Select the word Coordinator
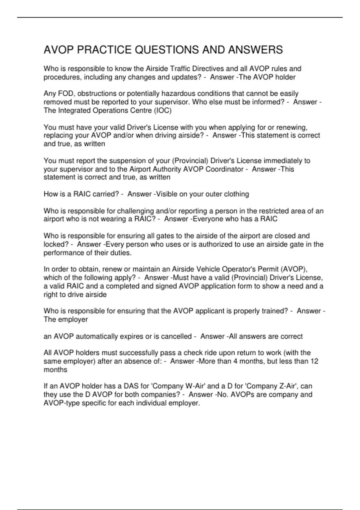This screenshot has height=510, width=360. [x=224, y=169]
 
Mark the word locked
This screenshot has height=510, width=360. [x=56, y=244]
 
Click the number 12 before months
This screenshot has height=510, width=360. [x=314, y=361]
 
